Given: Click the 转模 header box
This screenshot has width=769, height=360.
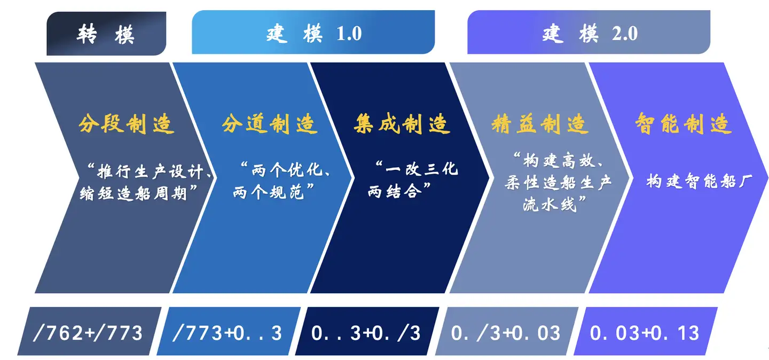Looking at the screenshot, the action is (106, 33).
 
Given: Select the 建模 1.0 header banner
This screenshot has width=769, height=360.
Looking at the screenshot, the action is (313, 32).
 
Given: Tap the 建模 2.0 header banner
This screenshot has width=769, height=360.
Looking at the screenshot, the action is (588, 32).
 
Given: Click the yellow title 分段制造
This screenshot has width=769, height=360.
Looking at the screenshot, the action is (127, 124).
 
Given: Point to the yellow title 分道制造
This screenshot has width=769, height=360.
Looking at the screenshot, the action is (270, 124).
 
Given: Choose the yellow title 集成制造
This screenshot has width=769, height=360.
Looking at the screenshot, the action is (402, 124).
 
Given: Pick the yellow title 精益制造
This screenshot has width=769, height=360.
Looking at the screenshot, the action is (540, 124).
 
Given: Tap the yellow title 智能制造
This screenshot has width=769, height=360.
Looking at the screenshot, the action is (683, 124).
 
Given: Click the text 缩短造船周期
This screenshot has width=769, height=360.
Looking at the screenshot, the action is (133, 193).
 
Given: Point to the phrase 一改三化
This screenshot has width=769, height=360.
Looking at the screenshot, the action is (422, 169).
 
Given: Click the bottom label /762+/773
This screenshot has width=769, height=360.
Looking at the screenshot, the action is (88, 333).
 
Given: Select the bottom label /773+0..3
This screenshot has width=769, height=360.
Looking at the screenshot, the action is (227, 333).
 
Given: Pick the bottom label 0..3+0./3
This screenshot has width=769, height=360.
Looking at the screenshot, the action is (366, 333).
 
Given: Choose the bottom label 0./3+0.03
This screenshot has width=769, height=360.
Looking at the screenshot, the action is (506, 333).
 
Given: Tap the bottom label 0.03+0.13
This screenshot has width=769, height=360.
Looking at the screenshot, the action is (645, 333).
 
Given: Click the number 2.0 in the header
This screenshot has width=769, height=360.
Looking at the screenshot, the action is (625, 34).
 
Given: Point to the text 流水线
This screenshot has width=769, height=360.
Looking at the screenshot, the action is (550, 205).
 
